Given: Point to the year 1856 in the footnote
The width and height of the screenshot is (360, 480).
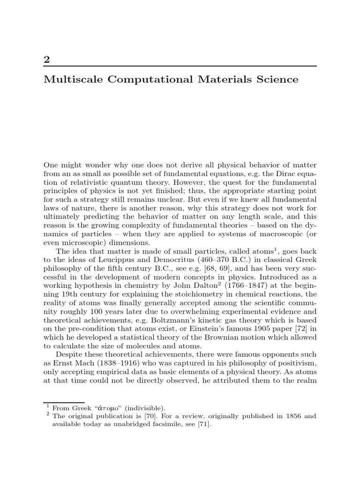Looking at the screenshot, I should tap(279, 416).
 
